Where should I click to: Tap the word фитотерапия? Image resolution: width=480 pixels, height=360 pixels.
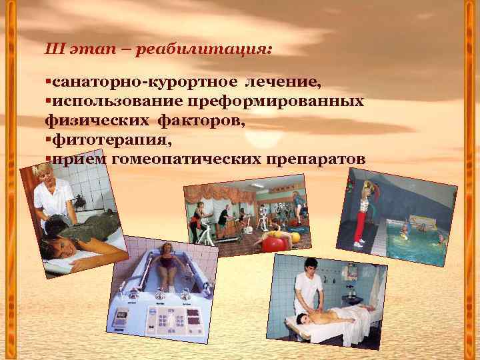coord(109,141)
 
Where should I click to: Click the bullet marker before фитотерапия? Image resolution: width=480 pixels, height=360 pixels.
coord(48,141)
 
